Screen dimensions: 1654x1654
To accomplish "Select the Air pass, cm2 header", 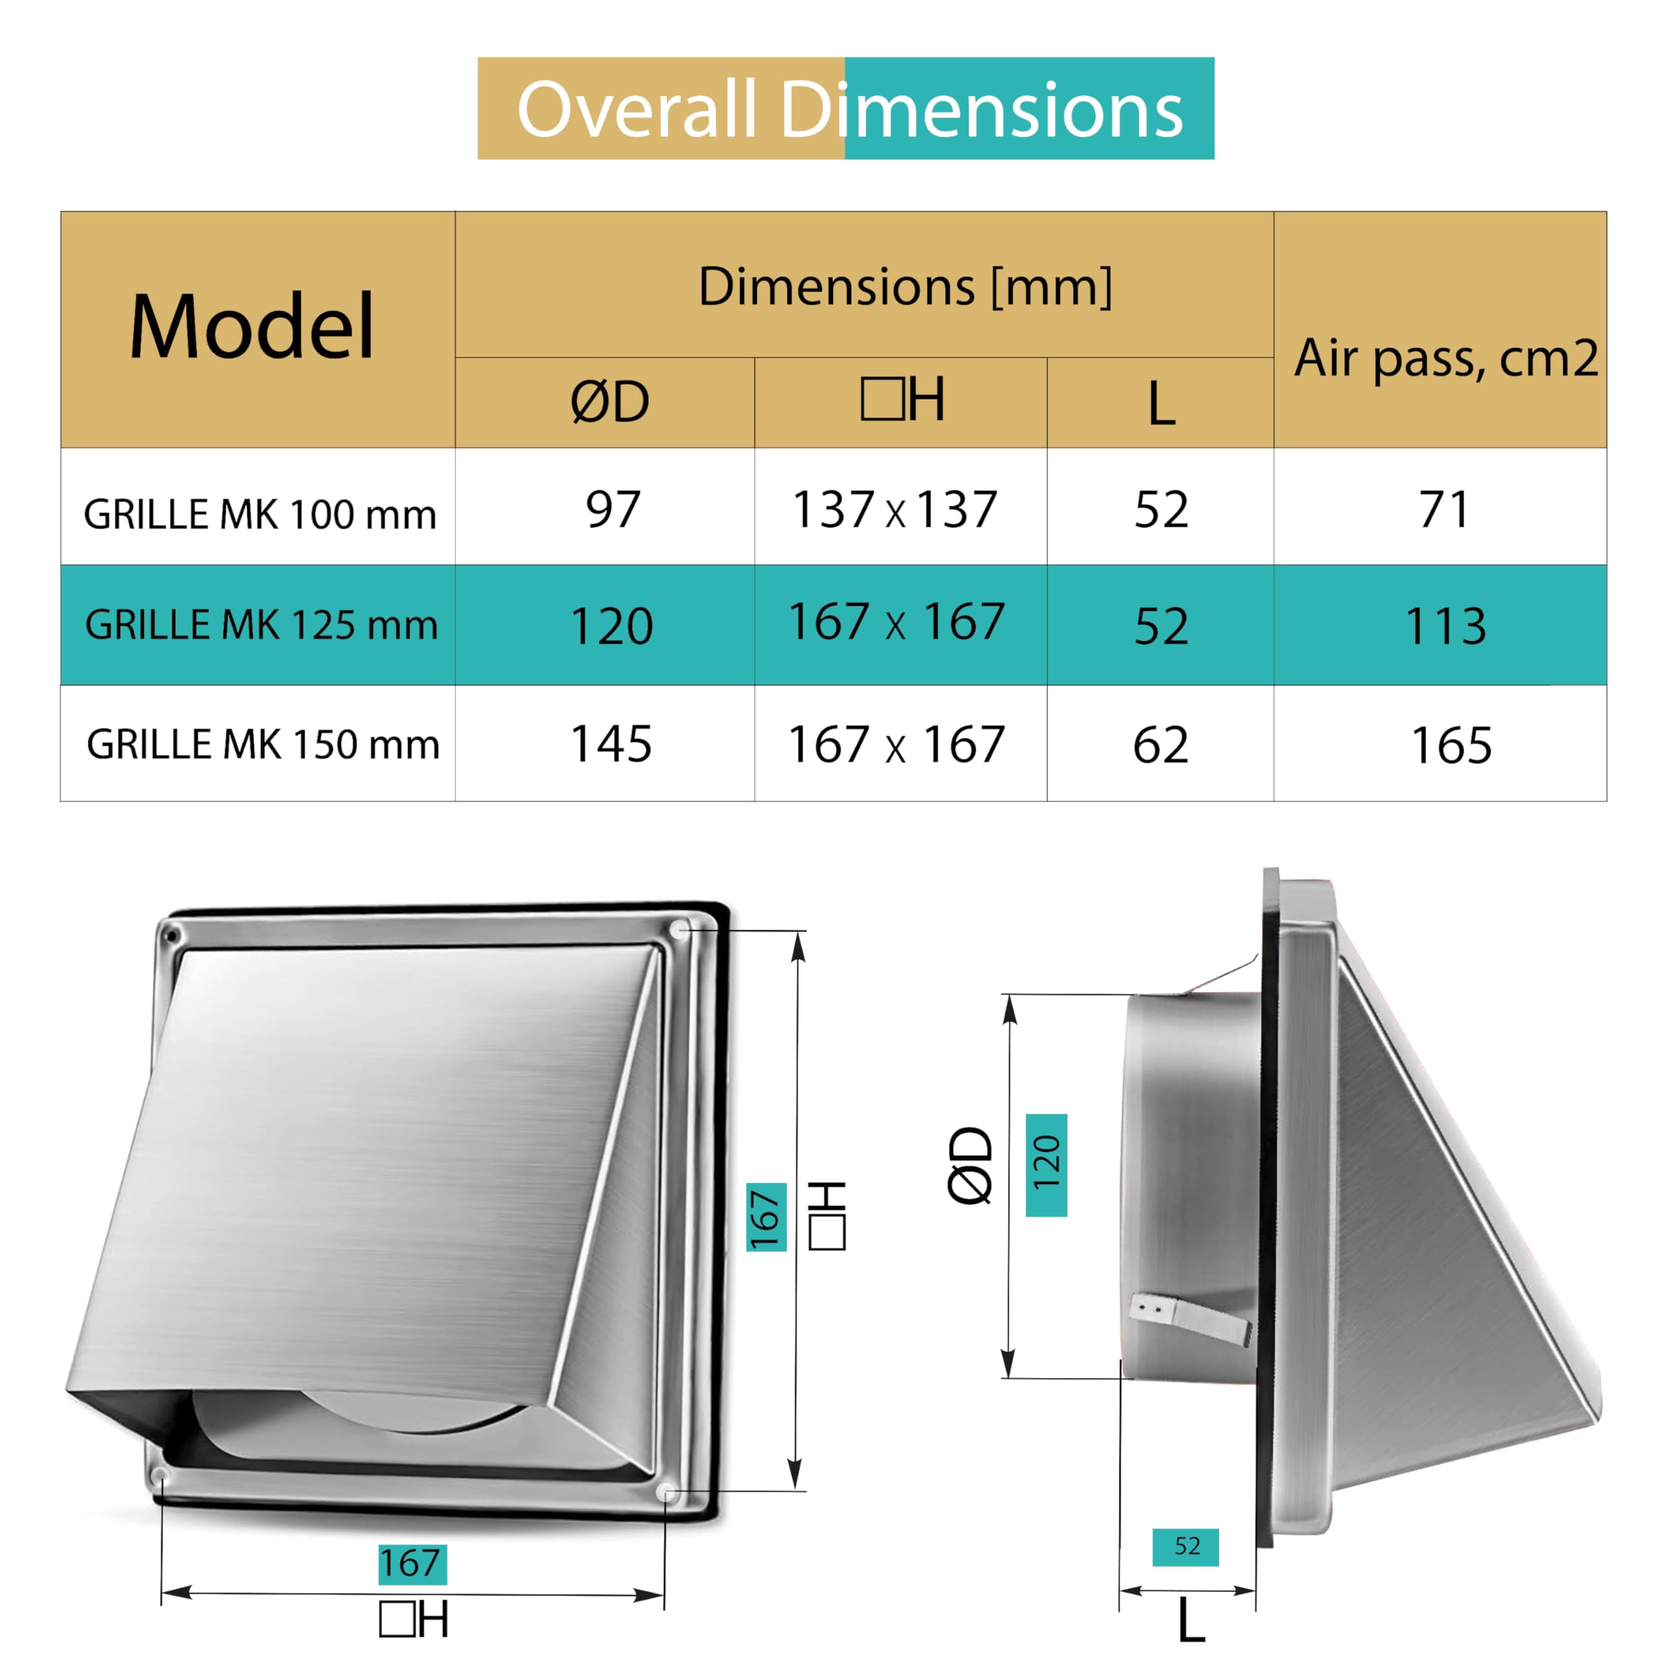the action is pos(1446,358).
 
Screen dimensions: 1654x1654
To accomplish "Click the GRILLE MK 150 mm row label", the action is pos(263,744).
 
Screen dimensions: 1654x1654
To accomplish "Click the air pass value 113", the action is pos(1446,626).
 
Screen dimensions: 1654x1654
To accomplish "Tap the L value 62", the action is pos(1161,745).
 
